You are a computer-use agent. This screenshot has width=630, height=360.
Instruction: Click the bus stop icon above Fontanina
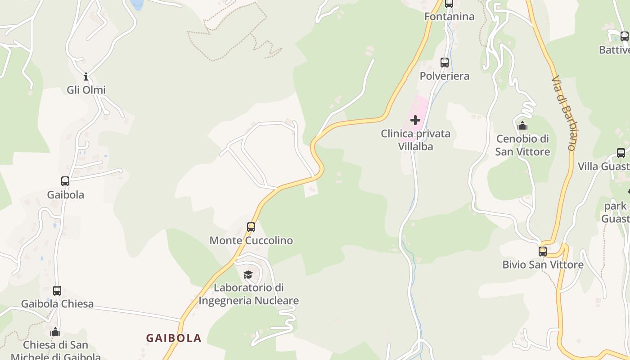[x=449, y=4]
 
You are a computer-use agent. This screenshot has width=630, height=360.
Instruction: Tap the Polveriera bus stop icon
[x=445, y=63]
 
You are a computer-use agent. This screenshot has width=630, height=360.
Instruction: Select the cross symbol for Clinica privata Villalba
[x=415, y=120]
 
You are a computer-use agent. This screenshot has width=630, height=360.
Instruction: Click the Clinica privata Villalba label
[x=415, y=140]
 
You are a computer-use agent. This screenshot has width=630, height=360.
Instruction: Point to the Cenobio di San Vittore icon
[x=522, y=126]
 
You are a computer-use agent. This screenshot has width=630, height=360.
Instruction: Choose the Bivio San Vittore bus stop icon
[x=543, y=251]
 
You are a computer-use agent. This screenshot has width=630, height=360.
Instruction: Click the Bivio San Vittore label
[x=543, y=265]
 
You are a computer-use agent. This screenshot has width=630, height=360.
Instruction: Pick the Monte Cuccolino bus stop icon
[x=251, y=227]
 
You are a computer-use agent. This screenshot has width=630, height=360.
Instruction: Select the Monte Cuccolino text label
[x=251, y=240]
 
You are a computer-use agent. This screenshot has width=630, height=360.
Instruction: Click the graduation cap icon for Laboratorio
[x=248, y=274]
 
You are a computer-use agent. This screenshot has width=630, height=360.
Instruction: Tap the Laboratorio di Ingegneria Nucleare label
[x=248, y=294]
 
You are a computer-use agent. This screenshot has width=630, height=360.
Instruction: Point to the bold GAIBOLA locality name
[x=174, y=338]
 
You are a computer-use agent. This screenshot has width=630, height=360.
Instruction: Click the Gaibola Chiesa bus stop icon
[x=57, y=291]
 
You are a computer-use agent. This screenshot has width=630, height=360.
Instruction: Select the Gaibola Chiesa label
[x=57, y=304]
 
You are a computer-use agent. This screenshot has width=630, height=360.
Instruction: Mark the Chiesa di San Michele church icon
[x=55, y=332]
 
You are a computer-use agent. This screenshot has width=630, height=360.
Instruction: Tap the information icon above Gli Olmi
[x=86, y=76]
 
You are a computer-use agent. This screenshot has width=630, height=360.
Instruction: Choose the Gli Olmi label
[x=86, y=90]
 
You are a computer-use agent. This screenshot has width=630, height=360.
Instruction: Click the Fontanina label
[x=449, y=17]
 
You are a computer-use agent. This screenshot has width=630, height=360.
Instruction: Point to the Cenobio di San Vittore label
[x=522, y=145]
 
